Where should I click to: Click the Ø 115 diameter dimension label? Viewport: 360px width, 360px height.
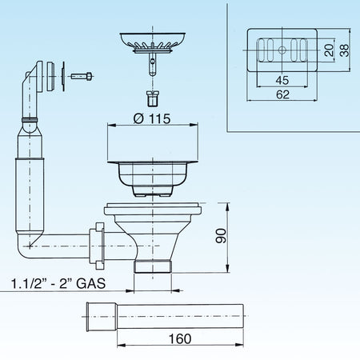tap(152, 118)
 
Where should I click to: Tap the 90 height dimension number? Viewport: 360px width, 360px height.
tap(221, 236)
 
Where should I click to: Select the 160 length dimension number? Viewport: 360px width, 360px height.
tap(180, 339)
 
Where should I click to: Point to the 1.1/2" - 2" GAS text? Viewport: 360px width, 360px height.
tap(58, 283)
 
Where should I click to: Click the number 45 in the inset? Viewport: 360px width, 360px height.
tap(282, 80)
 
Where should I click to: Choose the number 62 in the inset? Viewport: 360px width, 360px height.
tap(282, 94)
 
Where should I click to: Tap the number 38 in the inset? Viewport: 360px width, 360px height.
tap(344, 50)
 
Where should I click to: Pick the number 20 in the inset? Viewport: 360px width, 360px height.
tap(330, 50)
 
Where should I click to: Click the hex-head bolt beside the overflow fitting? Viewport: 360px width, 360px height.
tap(82, 77)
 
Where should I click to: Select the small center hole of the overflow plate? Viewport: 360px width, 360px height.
tap(282, 50)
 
